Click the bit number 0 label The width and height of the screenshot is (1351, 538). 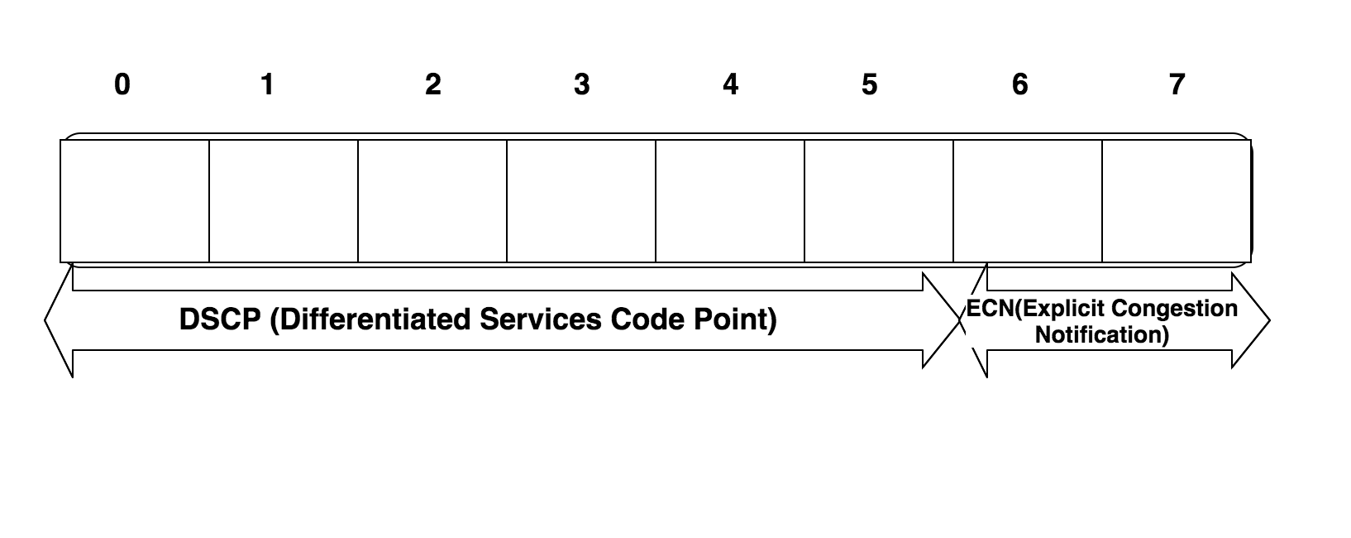pos(122,84)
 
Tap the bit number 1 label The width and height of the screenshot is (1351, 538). pos(268,84)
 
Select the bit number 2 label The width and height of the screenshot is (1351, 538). pos(433,84)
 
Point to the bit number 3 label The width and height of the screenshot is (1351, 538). pos(582,84)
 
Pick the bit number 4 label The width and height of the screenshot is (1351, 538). pos(730,84)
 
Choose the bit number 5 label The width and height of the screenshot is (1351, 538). pos(869,84)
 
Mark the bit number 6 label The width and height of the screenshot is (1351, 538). pos(1020,84)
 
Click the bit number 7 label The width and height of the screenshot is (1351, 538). pos(1177,84)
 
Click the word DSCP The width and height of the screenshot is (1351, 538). pos(220,319)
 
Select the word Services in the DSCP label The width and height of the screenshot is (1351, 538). pos(541,319)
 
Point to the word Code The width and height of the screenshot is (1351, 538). pos(647,319)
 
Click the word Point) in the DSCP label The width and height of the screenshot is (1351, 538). pos(735,319)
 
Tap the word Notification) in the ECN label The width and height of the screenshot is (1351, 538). pos(1102,334)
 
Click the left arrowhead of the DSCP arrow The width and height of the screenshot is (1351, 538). pos(59,320)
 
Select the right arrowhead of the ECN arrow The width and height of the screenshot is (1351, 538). pos(1250,320)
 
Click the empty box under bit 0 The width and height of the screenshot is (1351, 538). pos(135,201)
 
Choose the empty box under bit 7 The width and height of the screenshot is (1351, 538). pos(1177,201)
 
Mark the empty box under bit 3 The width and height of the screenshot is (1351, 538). pos(580,201)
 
